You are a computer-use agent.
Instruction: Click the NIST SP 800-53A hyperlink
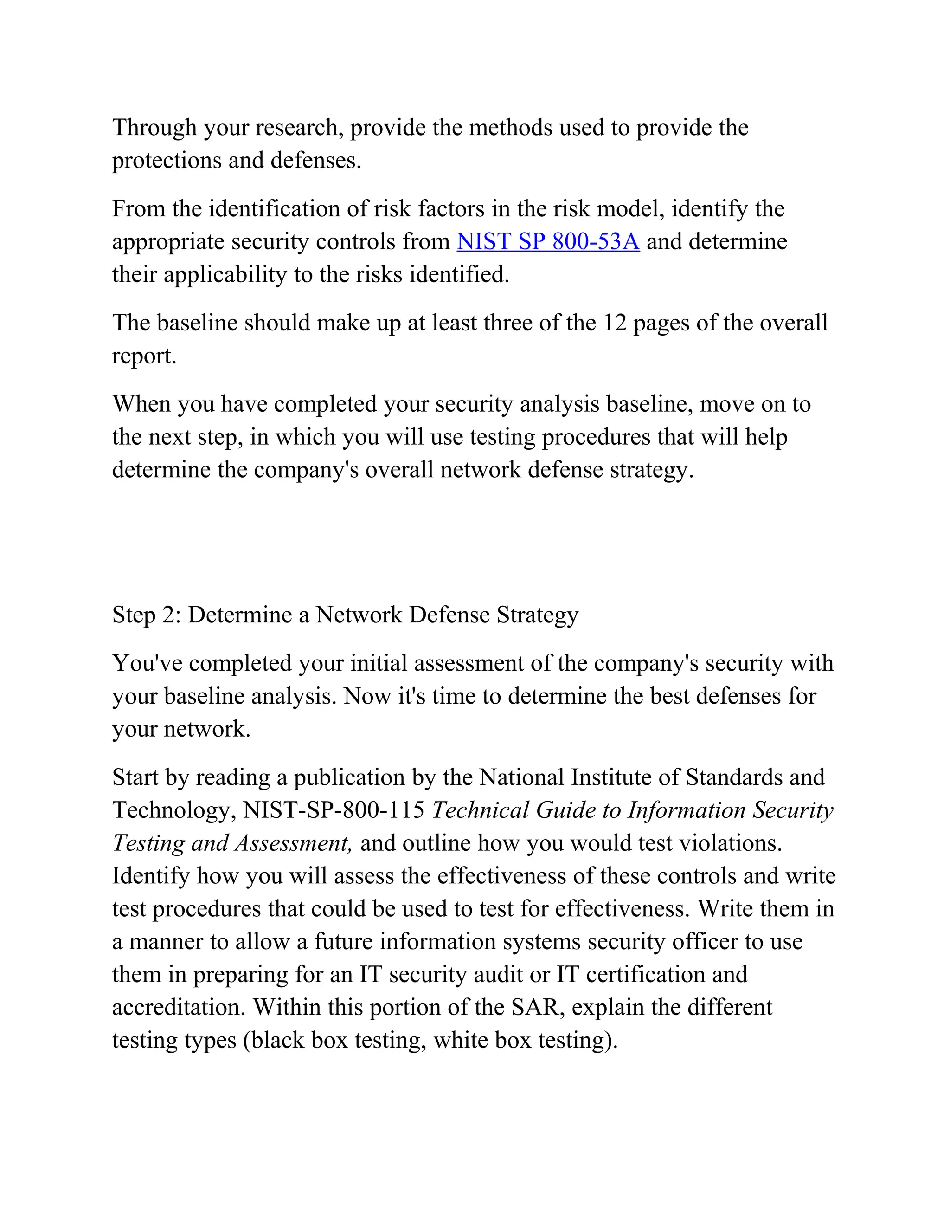click(548, 242)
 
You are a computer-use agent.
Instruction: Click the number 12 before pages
click(615, 323)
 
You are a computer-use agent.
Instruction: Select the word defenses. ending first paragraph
click(316, 161)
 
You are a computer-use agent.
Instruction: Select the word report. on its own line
click(144, 356)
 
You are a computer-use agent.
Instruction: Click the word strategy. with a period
click(652, 470)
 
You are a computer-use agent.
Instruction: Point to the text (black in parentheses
click(274, 1040)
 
